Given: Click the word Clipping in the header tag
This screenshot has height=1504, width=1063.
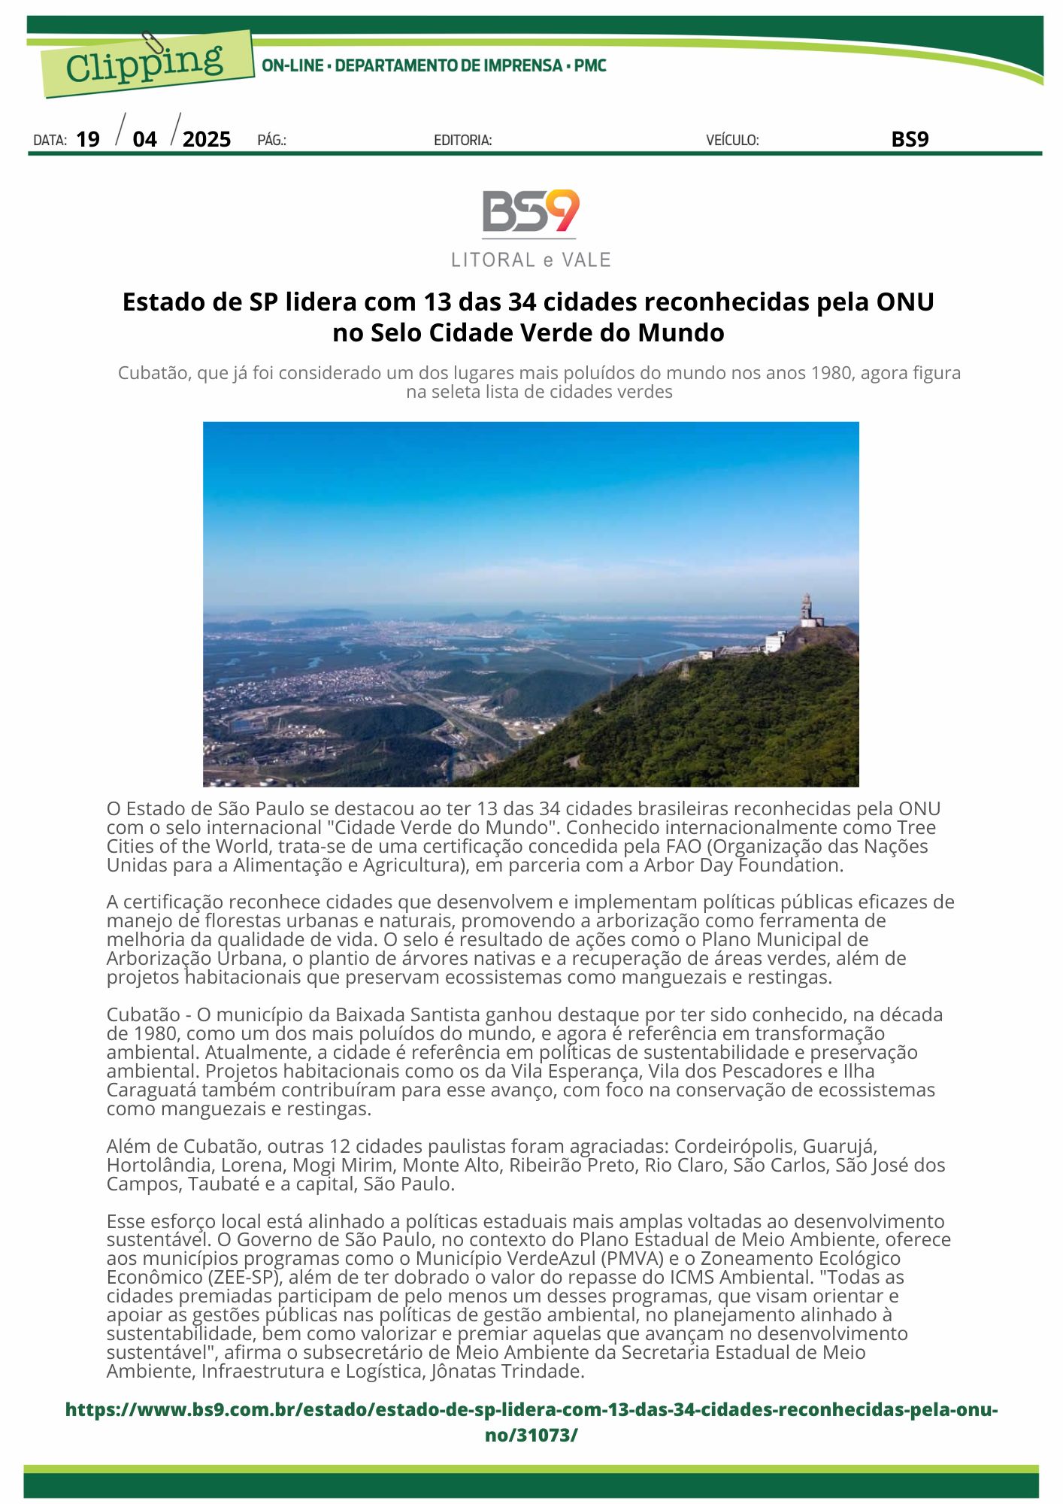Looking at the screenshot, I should click(x=144, y=64).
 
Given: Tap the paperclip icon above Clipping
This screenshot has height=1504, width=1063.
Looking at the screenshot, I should click(x=154, y=44).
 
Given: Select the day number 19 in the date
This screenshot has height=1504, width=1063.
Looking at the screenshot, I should click(x=88, y=140).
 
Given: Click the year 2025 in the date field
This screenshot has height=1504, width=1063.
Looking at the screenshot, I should click(x=207, y=140).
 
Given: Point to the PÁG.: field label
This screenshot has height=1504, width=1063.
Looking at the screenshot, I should click(x=271, y=141).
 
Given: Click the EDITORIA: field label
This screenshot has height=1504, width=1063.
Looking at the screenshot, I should click(x=462, y=141).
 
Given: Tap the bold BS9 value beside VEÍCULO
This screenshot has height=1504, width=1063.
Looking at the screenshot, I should click(x=910, y=139).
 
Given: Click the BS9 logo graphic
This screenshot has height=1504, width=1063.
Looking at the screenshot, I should click(x=531, y=212).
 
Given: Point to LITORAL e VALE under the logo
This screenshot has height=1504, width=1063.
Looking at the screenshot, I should click(x=531, y=260).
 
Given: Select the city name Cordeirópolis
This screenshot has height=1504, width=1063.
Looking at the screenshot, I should click(x=734, y=1147).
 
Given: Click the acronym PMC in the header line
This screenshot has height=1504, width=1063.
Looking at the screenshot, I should click(x=590, y=66).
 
